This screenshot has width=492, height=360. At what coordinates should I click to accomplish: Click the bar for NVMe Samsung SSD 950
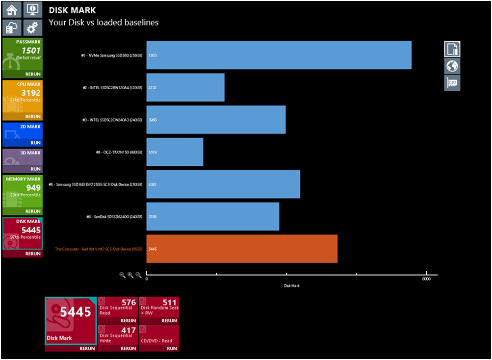click(x=279, y=55)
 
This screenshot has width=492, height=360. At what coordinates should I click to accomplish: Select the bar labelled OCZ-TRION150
click(x=175, y=152)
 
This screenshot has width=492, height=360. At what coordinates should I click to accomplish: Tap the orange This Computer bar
click(x=242, y=249)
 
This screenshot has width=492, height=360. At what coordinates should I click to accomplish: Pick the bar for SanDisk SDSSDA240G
click(x=212, y=216)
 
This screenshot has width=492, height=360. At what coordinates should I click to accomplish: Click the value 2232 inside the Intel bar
click(x=152, y=88)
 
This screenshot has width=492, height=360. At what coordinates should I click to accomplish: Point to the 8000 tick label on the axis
click(x=426, y=279)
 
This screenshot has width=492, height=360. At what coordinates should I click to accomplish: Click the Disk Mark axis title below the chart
click(x=291, y=286)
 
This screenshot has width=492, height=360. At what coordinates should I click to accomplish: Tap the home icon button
click(x=11, y=10)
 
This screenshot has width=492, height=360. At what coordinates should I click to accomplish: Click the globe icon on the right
click(x=452, y=66)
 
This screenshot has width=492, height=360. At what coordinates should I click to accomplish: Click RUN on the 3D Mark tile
click(x=35, y=169)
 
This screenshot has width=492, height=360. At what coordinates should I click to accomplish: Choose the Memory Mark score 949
click(x=33, y=187)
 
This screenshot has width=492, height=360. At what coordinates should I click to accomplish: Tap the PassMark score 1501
click(x=31, y=50)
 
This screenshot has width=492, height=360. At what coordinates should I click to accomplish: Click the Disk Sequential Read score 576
click(x=129, y=303)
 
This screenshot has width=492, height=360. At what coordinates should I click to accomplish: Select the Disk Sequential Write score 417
click(x=129, y=331)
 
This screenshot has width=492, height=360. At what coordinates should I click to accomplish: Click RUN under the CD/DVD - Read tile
click(x=172, y=348)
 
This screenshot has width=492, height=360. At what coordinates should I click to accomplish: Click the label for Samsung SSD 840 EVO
click(x=99, y=184)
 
